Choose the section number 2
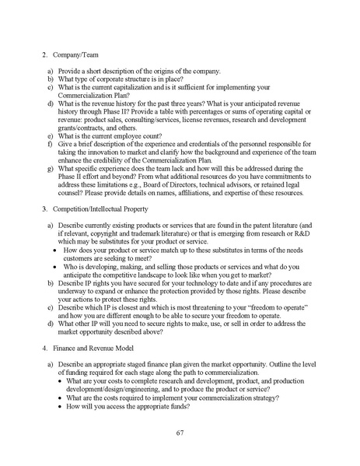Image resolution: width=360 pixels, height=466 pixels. (x=45, y=55)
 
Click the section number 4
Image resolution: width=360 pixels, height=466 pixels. (x=45, y=349)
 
